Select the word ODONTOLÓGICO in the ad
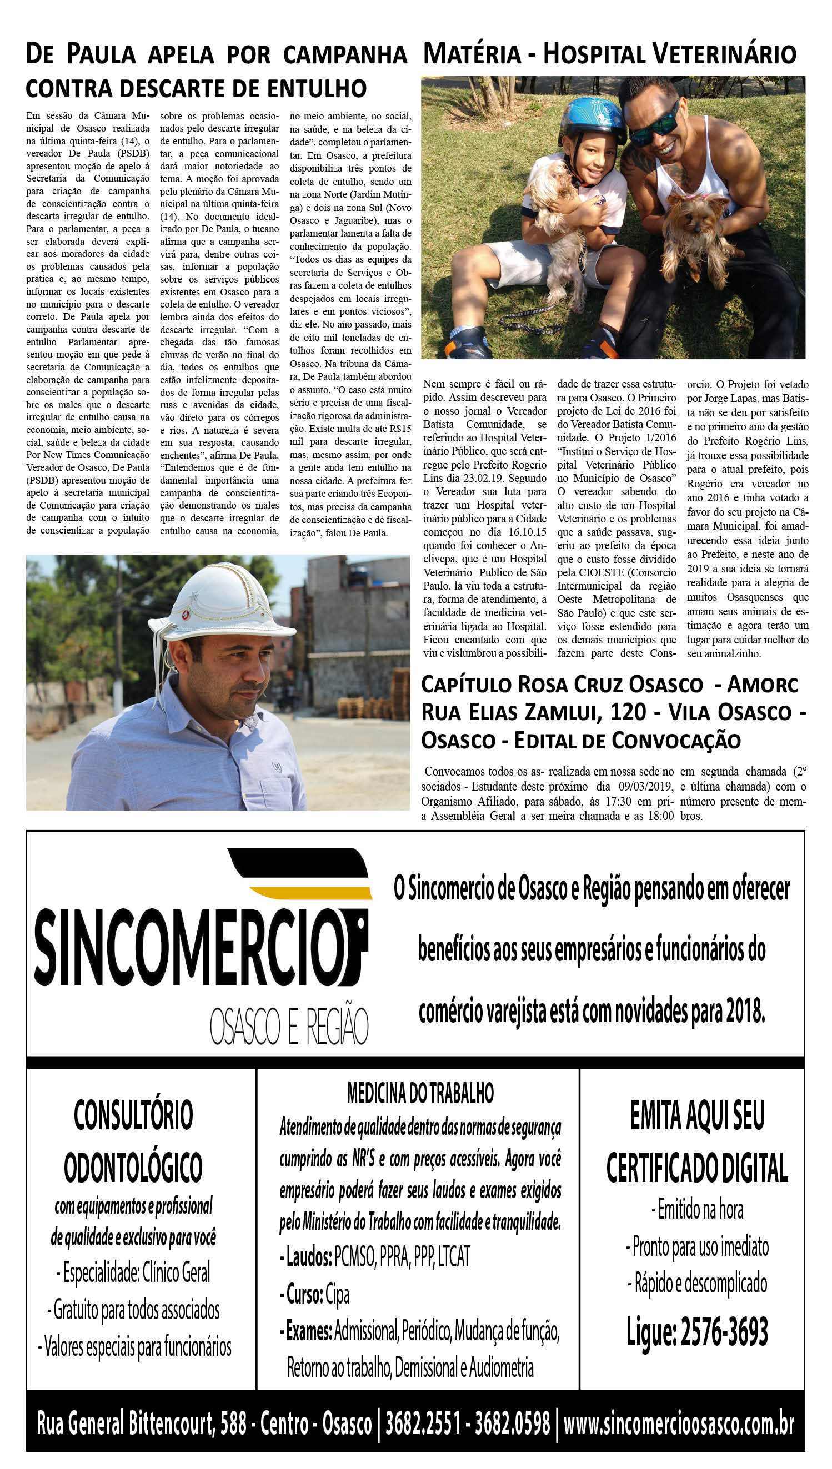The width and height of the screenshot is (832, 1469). tap(133, 1168)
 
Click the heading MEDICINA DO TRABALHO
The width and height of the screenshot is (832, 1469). tap(420, 1093)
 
